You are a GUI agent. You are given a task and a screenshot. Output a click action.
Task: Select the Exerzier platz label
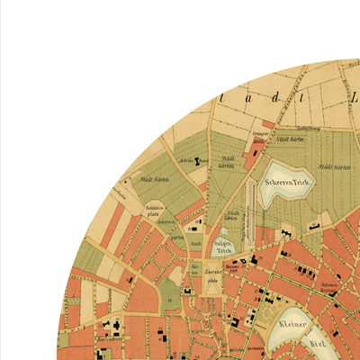pos(213,274)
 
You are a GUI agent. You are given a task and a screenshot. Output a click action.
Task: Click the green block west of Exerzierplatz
pos(170,293)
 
